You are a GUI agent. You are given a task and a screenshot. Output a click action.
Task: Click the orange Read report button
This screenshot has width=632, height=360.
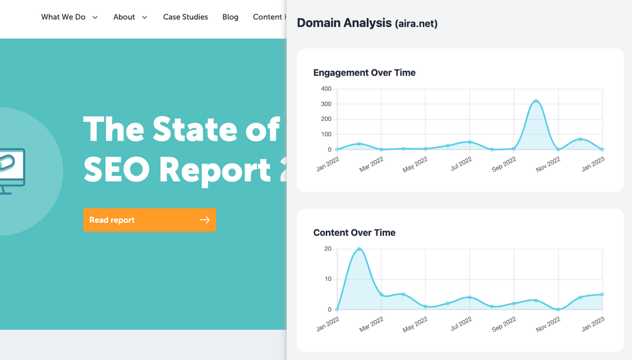[149, 220]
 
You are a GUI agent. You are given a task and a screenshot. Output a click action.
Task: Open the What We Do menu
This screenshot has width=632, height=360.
[69, 17]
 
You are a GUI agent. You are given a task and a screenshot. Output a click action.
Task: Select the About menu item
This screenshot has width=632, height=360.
[130, 17]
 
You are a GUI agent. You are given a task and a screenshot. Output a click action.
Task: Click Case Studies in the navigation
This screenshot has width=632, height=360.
[185, 17]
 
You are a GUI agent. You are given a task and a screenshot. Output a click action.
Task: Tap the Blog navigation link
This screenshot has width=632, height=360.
[230, 17]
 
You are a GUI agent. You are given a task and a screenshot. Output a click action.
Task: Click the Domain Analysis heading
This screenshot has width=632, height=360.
[367, 23]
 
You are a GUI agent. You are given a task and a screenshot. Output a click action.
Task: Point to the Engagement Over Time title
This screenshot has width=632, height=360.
[364, 73]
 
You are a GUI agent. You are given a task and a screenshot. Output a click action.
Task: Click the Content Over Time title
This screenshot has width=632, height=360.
[354, 233]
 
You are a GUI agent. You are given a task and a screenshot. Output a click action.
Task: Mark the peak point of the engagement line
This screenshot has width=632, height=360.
[536, 101]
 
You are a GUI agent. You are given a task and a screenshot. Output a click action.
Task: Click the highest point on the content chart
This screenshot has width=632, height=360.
[359, 249]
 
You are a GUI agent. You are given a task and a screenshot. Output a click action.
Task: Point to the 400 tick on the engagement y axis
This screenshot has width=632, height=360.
[326, 89]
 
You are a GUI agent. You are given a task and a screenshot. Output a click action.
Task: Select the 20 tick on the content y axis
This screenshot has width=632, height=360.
[328, 249]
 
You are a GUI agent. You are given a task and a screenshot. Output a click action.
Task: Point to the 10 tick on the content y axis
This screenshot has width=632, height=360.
[328, 279]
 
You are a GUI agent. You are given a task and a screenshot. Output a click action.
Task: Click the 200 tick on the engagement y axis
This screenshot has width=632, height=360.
[326, 119]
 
